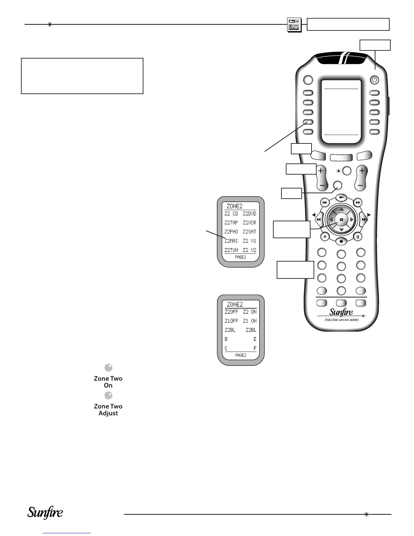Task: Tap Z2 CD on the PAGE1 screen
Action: pos(231,214)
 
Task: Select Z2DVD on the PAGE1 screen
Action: pos(250,214)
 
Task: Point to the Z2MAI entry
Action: pos(231,241)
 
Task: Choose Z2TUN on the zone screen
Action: pos(231,250)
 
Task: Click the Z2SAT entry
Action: pos(250,232)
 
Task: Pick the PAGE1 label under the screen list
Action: pos(240,257)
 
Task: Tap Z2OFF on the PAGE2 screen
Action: pos(231,312)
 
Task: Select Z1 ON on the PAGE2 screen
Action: pos(250,321)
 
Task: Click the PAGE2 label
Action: pos(240,355)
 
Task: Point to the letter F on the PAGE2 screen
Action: pos(255,348)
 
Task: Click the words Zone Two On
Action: pos(108,382)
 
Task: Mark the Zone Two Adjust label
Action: pos(108,410)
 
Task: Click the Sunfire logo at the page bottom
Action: pos(45,513)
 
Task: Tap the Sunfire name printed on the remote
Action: pos(341,312)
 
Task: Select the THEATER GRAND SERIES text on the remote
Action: pos(341,320)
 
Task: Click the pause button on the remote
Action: pos(358,237)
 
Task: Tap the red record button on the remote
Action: pos(325,237)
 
